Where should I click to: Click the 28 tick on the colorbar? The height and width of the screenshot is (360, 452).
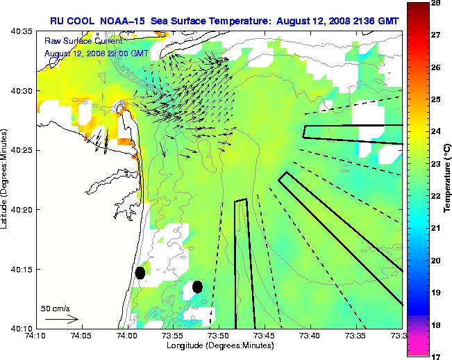[x=437, y=3]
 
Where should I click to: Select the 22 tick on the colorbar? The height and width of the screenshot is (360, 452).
[x=437, y=196]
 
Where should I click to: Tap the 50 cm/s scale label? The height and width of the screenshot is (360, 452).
[x=56, y=309]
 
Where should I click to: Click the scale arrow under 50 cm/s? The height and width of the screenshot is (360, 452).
[x=61, y=320]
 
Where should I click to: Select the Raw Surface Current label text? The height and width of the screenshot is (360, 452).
[x=78, y=42]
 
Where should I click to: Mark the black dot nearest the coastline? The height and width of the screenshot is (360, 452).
[x=140, y=272]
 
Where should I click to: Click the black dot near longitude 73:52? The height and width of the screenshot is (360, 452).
[x=197, y=286]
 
